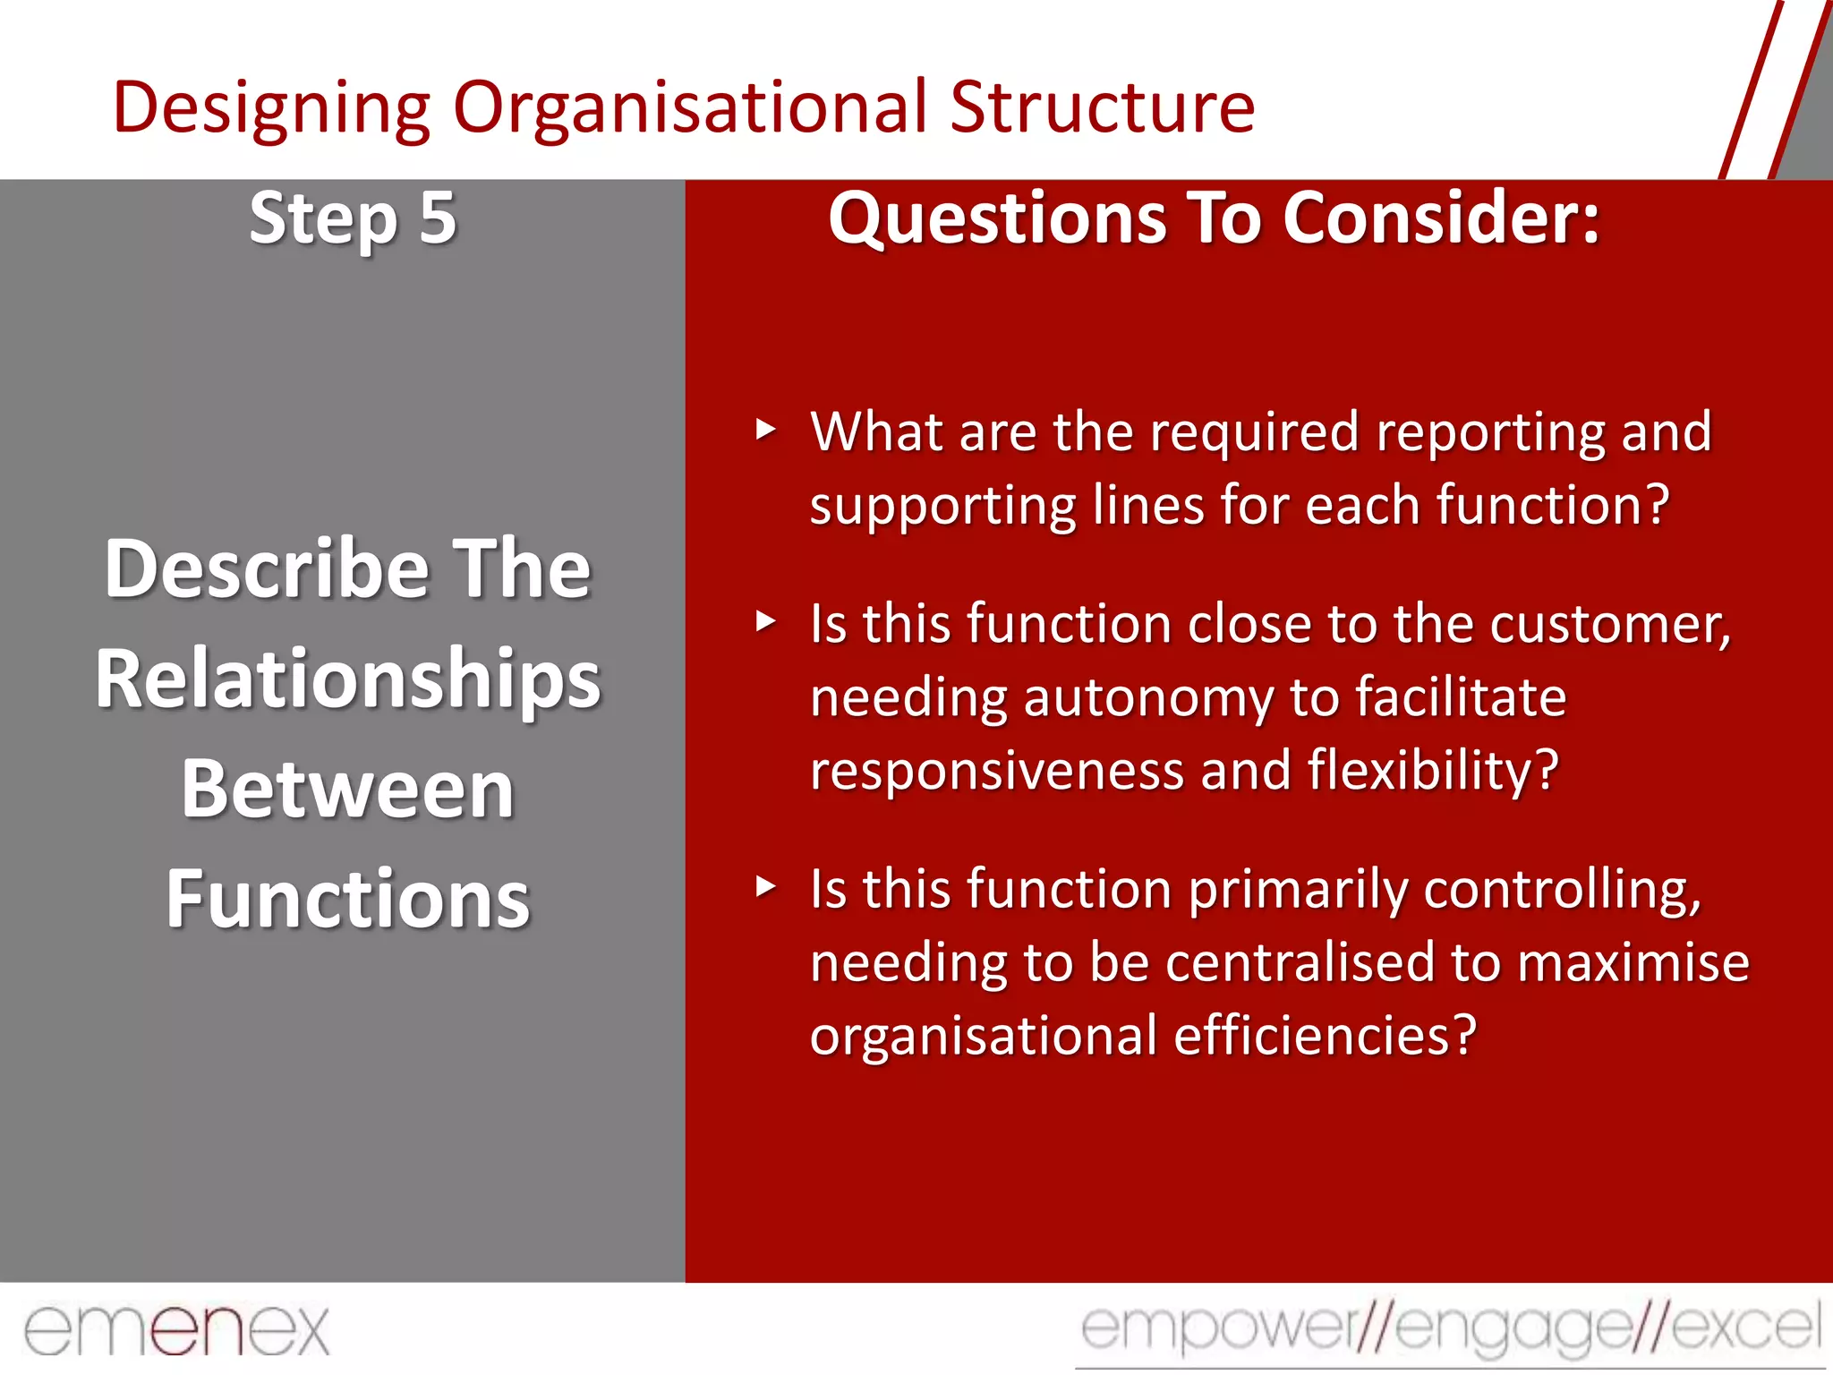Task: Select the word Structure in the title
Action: coord(1102,108)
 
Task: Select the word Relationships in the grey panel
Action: coord(347,679)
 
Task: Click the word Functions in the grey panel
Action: coord(347,900)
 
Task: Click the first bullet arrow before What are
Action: coord(765,430)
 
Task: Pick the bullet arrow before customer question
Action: coord(765,621)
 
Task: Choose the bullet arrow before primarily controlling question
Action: coord(765,887)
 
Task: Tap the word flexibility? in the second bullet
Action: coord(1432,772)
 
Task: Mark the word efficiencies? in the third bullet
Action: coord(1324,1037)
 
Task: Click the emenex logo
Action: coord(176,1329)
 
